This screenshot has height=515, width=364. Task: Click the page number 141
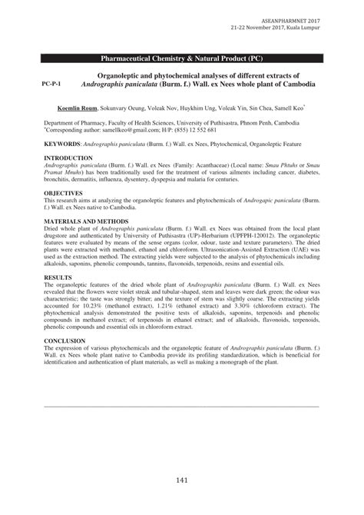pos(181,480)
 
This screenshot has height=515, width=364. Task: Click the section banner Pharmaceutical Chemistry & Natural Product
pos(182,58)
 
